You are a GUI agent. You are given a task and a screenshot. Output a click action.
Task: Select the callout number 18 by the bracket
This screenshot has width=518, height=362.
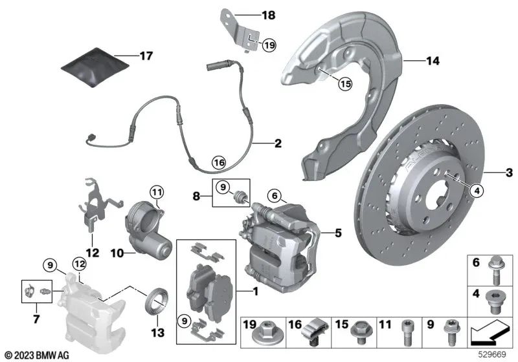(267, 14)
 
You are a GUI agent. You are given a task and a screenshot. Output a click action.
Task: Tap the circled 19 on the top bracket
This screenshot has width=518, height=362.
(269, 45)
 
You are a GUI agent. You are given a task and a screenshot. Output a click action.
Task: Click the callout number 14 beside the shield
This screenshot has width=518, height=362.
(432, 61)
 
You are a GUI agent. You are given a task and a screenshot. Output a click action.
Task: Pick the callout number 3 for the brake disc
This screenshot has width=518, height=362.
(510, 172)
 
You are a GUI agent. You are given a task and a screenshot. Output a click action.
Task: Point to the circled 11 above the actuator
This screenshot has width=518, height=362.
(157, 191)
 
